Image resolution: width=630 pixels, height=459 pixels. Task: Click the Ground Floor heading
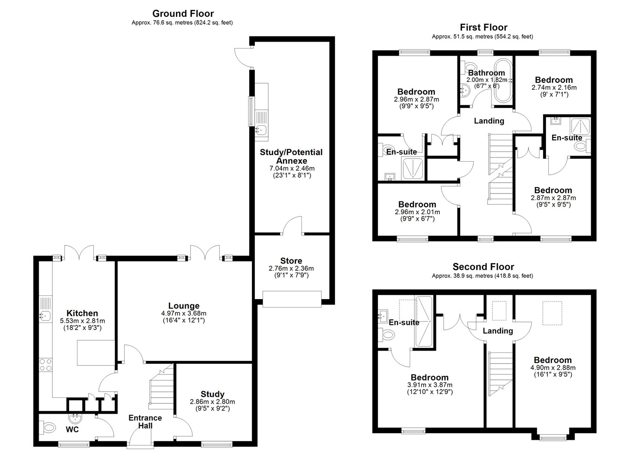click(183, 14)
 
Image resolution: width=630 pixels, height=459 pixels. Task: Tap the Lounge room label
click(184, 306)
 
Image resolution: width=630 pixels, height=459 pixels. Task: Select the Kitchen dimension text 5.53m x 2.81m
click(82, 321)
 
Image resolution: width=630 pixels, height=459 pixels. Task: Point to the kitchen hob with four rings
click(46, 365)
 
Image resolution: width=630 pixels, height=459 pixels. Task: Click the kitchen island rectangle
click(96, 353)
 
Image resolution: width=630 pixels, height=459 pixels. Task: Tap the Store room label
click(291, 261)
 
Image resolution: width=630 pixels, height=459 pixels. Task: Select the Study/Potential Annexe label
click(291, 157)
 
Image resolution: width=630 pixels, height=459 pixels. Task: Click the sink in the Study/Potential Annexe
click(261, 130)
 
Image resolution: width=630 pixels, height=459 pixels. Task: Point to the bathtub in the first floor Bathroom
click(504, 80)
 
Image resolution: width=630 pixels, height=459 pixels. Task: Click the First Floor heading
click(483, 27)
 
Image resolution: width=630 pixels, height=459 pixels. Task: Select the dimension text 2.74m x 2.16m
click(554, 87)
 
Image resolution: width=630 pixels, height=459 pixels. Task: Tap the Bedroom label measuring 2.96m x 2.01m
click(417, 204)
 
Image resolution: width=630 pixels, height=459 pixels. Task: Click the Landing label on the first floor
click(489, 121)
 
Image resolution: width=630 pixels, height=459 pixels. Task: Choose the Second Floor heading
click(483, 266)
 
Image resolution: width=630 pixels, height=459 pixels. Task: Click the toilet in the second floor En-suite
click(387, 335)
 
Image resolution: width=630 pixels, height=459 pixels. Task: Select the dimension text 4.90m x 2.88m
click(553, 367)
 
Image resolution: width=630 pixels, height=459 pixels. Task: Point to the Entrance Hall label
click(145, 422)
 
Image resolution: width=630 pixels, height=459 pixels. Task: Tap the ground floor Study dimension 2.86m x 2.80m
click(212, 402)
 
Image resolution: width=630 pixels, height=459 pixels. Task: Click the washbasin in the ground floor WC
click(75, 418)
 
